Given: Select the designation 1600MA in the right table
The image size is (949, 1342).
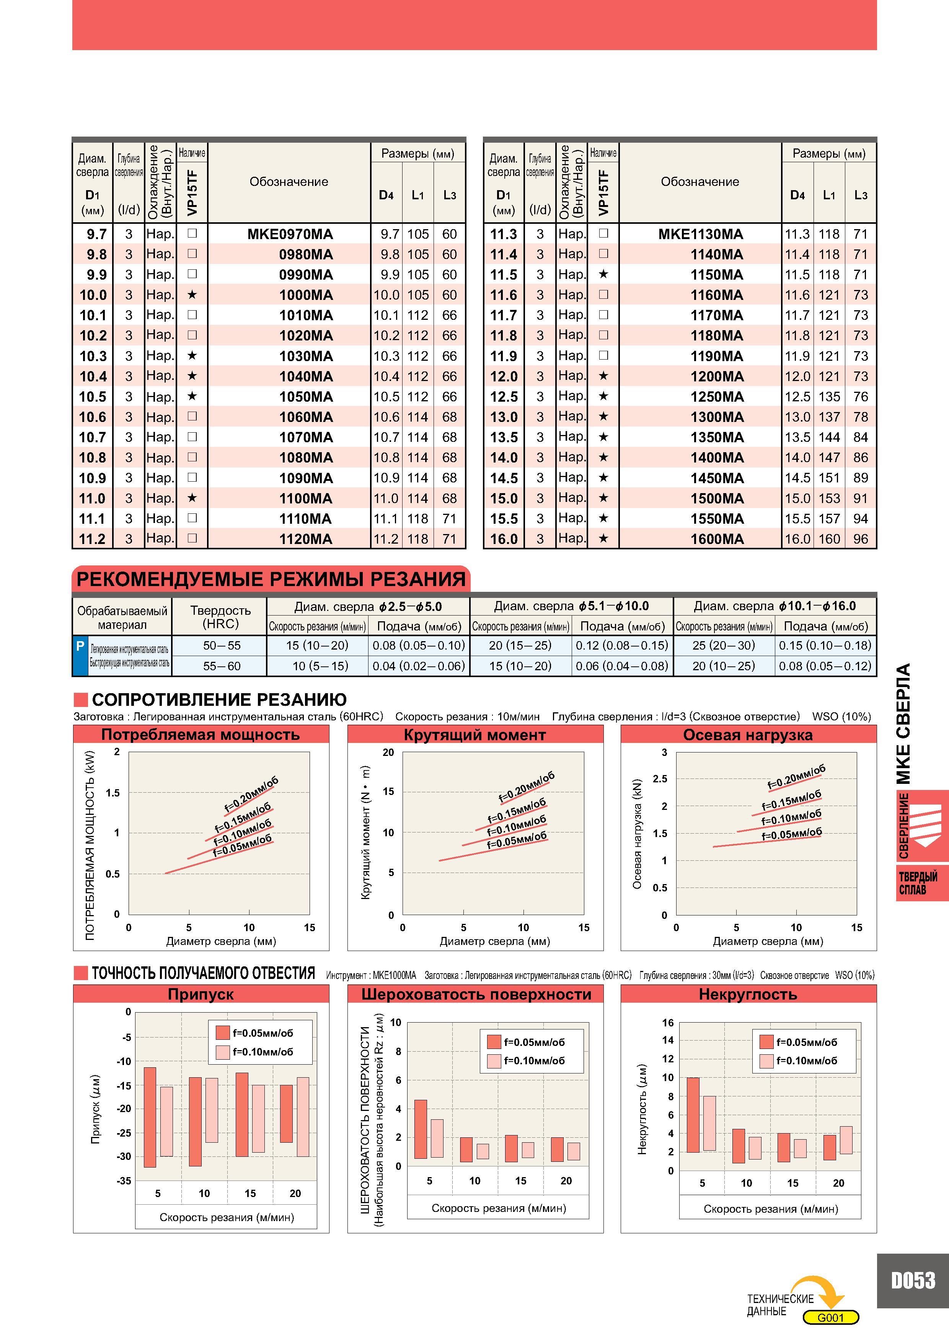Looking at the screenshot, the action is click(717, 539).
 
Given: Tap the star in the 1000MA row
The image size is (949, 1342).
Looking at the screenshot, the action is click(192, 295).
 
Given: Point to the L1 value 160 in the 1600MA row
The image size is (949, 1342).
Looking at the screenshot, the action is click(829, 539).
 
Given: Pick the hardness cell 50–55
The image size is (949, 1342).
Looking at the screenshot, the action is click(222, 645).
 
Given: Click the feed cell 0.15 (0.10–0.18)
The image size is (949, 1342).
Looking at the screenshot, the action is click(825, 645).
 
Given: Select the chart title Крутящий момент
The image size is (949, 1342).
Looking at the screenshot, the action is click(475, 735).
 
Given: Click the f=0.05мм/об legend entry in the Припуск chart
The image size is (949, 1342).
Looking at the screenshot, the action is click(255, 1033).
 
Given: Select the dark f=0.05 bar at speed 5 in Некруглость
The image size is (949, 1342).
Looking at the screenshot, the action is click(693, 1115).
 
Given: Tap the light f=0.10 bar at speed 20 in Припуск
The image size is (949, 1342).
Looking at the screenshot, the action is click(303, 1116).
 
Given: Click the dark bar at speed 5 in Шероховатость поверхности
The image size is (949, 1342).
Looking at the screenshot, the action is click(421, 1129).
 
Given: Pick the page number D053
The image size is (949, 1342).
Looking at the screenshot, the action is click(913, 1280).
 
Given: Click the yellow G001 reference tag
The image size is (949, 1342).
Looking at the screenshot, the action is click(830, 1318).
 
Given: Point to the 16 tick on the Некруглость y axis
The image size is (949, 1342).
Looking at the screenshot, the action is click(668, 1022).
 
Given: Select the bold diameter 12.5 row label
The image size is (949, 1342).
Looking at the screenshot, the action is click(504, 397).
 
